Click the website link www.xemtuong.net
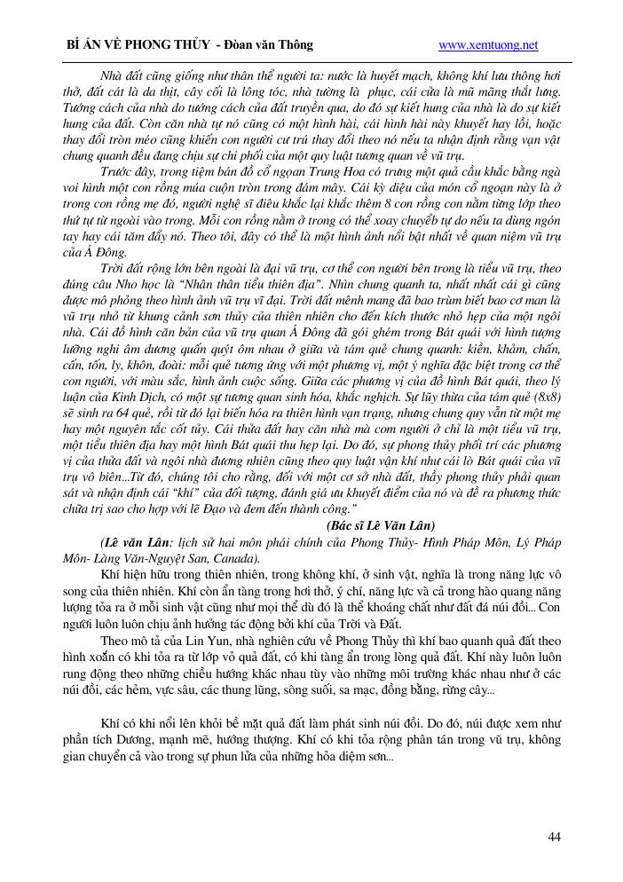point(488,44)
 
